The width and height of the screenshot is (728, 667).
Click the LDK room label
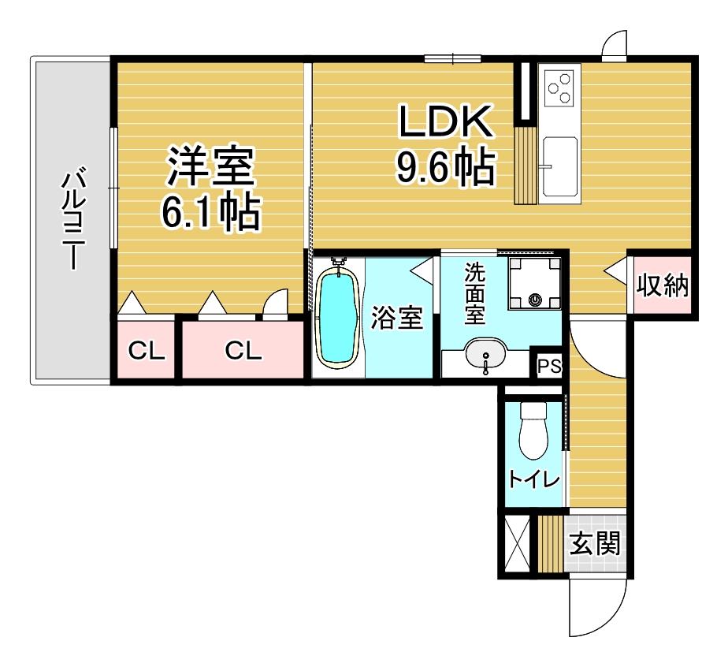point(446,121)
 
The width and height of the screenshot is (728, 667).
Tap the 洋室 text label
point(211,166)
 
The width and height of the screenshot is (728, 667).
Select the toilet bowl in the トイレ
point(534,430)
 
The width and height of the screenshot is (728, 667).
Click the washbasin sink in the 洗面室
point(485,354)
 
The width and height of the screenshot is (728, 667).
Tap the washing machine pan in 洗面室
point(534,283)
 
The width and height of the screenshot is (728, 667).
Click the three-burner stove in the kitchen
point(559,88)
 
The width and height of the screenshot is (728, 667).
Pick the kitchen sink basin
point(560,165)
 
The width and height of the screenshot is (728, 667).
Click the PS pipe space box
point(549,367)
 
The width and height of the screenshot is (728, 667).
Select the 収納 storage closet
point(662,285)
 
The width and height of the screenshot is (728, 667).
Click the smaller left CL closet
point(146,350)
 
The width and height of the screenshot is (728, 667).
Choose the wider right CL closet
point(243,350)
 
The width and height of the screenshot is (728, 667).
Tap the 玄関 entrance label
point(595,543)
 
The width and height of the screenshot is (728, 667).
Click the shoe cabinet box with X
point(517,544)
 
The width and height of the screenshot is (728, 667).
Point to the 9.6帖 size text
point(446,166)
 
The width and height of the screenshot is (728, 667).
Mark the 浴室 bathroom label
point(396,319)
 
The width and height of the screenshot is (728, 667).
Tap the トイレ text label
point(534,479)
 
